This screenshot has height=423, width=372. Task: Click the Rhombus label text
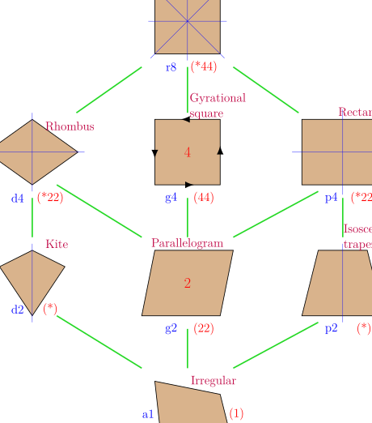(x=70, y=126)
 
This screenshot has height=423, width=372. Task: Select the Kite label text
(x=57, y=244)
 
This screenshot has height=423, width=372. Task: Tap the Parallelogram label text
(x=187, y=242)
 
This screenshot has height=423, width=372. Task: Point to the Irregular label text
(x=213, y=380)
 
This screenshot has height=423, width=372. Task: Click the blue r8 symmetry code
(x=171, y=67)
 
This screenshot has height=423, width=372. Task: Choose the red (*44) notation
(x=203, y=67)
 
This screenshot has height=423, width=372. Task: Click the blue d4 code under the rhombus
(x=18, y=198)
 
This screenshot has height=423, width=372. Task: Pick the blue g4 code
(x=171, y=198)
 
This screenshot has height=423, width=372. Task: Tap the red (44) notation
(x=204, y=198)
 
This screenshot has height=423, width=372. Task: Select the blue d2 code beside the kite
(x=18, y=309)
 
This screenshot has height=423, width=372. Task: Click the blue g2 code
(x=171, y=328)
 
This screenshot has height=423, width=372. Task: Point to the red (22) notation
(x=204, y=328)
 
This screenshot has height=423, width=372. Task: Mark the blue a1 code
(x=147, y=414)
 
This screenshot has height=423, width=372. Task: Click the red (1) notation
(x=236, y=413)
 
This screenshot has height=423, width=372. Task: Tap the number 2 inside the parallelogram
(x=188, y=284)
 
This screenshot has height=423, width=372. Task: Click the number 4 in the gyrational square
(x=188, y=152)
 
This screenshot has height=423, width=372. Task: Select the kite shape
(x=32, y=276)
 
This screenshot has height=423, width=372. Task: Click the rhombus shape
(x=32, y=152)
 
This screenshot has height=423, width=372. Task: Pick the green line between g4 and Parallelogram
(x=188, y=216)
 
